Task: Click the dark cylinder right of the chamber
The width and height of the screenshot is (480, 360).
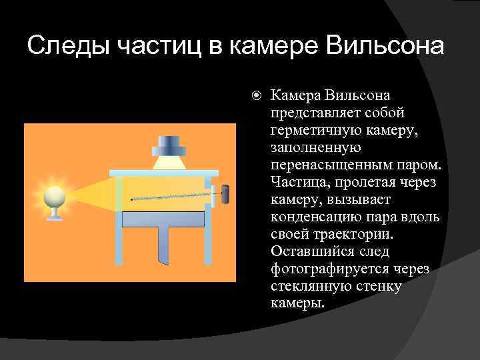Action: (225, 194)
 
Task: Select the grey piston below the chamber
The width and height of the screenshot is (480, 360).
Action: (163, 219)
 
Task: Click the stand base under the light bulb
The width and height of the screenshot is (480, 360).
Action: (54, 216)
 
